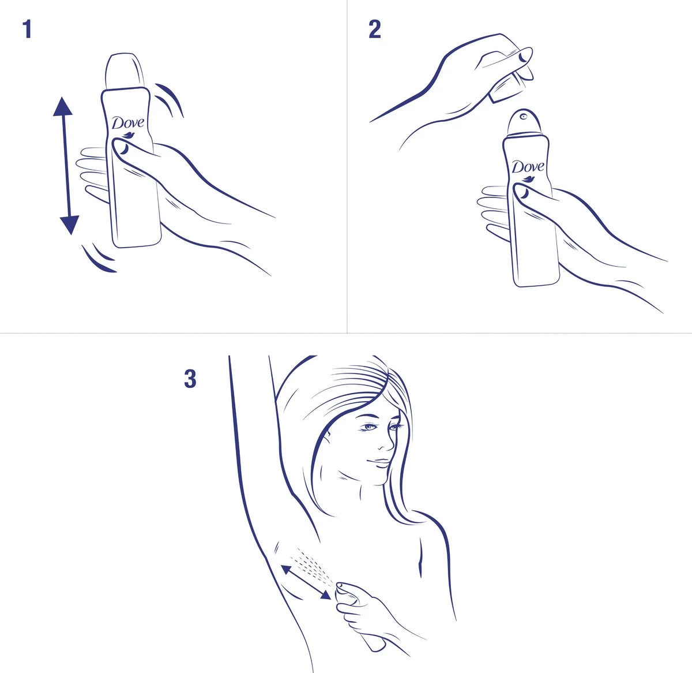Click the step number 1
point(27,29)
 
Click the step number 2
point(375,29)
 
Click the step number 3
point(190,379)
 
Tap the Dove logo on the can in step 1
point(128,124)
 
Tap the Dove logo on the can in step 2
point(528,167)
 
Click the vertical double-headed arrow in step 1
point(65,166)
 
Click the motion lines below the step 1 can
point(98,259)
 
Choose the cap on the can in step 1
point(123,72)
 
